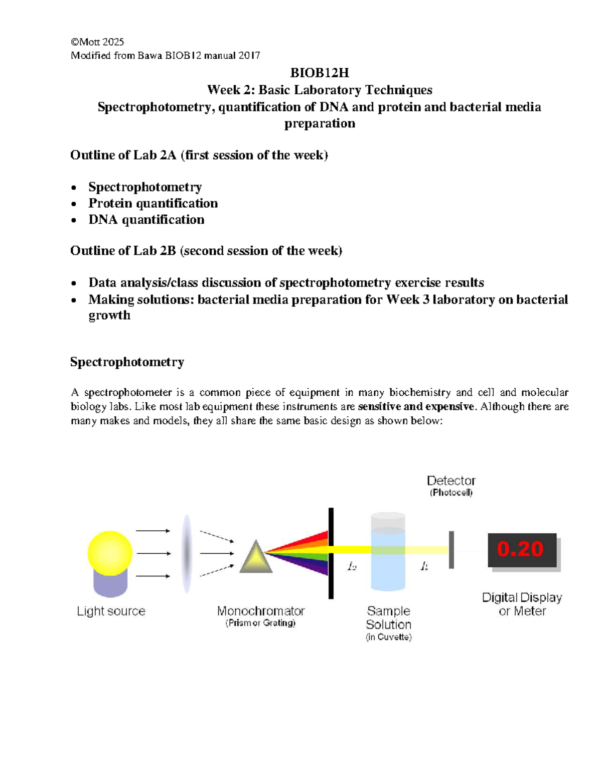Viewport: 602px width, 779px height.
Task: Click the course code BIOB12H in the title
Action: (320, 73)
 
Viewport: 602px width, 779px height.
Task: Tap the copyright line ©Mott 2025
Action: (97, 42)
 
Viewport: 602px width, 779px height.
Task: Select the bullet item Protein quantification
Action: (153, 203)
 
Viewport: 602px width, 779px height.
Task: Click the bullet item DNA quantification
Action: (146, 220)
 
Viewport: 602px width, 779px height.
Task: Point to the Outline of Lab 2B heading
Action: (206, 251)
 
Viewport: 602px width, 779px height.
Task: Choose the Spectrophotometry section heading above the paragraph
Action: (127, 362)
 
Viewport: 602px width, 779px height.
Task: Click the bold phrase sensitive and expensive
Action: (416, 407)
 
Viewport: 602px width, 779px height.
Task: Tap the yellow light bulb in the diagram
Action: (110, 553)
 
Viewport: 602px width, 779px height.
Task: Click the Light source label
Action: (111, 611)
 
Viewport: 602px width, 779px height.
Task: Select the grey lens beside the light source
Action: (187, 553)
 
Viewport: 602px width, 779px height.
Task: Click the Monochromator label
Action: (260, 611)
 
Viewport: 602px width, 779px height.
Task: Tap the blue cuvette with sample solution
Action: (388, 557)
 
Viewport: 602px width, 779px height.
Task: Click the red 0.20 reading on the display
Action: (520, 549)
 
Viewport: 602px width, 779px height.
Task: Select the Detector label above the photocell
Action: (451, 481)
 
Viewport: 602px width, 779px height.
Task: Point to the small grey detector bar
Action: (452, 550)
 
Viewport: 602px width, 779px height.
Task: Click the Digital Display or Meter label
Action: (522, 604)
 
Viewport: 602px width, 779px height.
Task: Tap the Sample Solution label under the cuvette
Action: (388, 618)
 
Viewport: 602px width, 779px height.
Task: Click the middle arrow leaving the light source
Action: (153, 553)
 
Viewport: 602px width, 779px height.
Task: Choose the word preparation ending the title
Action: (320, 124)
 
